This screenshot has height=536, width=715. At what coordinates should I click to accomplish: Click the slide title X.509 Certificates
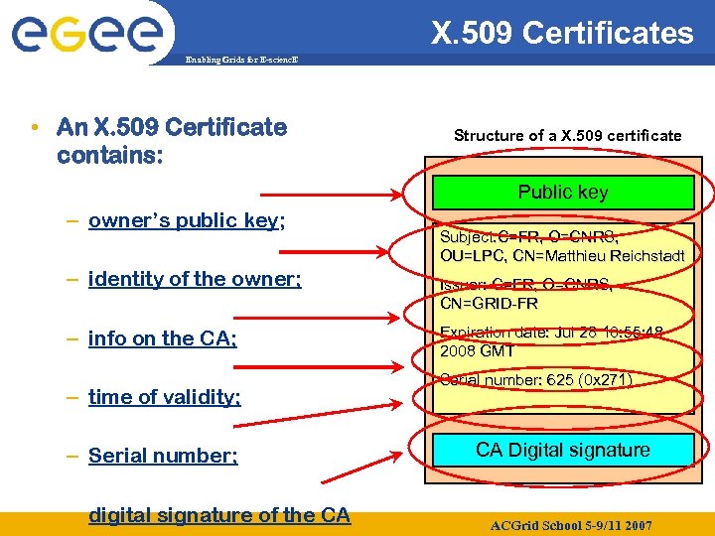click(x=562, y=33)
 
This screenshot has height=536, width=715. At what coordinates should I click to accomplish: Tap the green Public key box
click(x=563, y=193)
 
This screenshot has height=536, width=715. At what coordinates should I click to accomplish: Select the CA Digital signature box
click(x=562, y=450)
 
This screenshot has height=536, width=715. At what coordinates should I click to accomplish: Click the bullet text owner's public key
click(x=187, y=220)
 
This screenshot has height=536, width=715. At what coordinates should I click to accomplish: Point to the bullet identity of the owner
click(x=195, y=279)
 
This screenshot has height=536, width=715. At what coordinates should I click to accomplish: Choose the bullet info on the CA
click(x=163, y=338)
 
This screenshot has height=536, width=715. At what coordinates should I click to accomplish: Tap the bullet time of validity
click(x=165, y=397)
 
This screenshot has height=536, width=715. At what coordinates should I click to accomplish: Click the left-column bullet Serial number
click(x=163, y=456)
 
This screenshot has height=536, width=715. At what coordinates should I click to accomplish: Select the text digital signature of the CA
click(x=219, y=514)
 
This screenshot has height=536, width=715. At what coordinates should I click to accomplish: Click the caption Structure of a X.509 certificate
click(x=568, y=135)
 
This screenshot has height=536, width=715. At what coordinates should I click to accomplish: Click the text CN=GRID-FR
click(x=489, y=304)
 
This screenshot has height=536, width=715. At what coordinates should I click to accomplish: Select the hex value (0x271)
click(x=605, y=380)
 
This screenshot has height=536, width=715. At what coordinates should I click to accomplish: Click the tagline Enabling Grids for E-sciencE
click(x=242, y=61)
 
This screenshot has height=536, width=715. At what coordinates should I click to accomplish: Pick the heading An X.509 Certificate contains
click(x=172, y=141)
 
